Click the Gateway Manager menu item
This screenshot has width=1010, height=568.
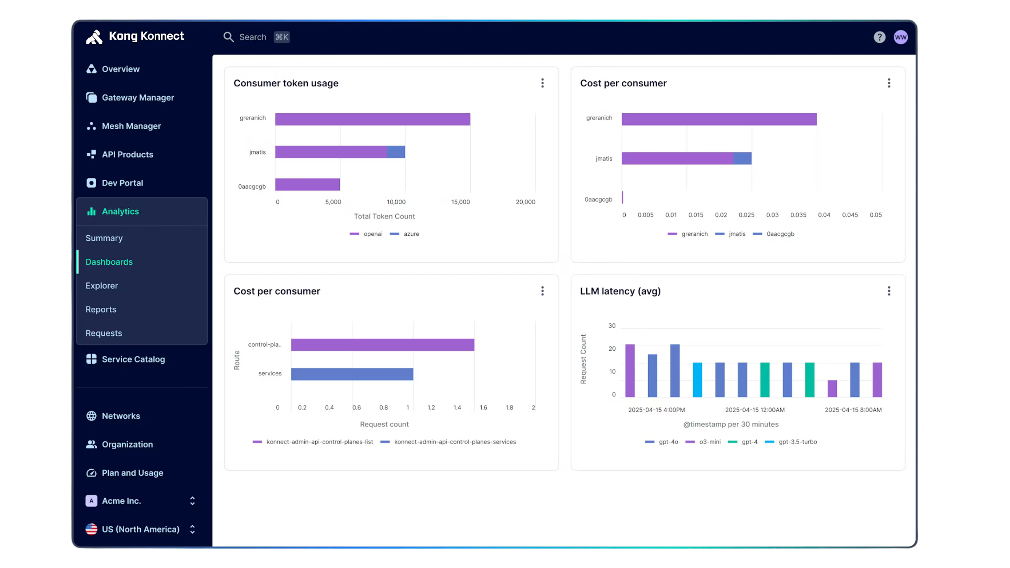138,97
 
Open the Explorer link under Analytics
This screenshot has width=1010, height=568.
102,286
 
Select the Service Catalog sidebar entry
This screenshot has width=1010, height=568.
133,359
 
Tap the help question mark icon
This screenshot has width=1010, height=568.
879,37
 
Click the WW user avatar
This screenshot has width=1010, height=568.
901,37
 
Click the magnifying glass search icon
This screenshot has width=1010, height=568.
228,37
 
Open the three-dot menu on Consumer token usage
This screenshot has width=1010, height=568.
542,83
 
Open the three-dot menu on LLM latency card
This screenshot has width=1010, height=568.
889,291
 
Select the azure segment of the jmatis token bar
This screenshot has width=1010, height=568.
396,152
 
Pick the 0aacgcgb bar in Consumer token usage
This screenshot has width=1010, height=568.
307,185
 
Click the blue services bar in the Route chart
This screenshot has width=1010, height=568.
352,374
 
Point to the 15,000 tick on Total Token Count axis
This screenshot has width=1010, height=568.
460,202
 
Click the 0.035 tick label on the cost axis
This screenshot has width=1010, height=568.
798,215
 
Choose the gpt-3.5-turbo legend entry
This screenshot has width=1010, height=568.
797,442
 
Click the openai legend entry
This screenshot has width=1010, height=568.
372,234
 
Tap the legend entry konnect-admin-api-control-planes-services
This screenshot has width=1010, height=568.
454,442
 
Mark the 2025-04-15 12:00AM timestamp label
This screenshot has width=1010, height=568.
755,410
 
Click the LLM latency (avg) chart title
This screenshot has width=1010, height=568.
620,291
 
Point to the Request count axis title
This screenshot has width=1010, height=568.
384,424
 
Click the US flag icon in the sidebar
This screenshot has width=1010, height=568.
92,529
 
